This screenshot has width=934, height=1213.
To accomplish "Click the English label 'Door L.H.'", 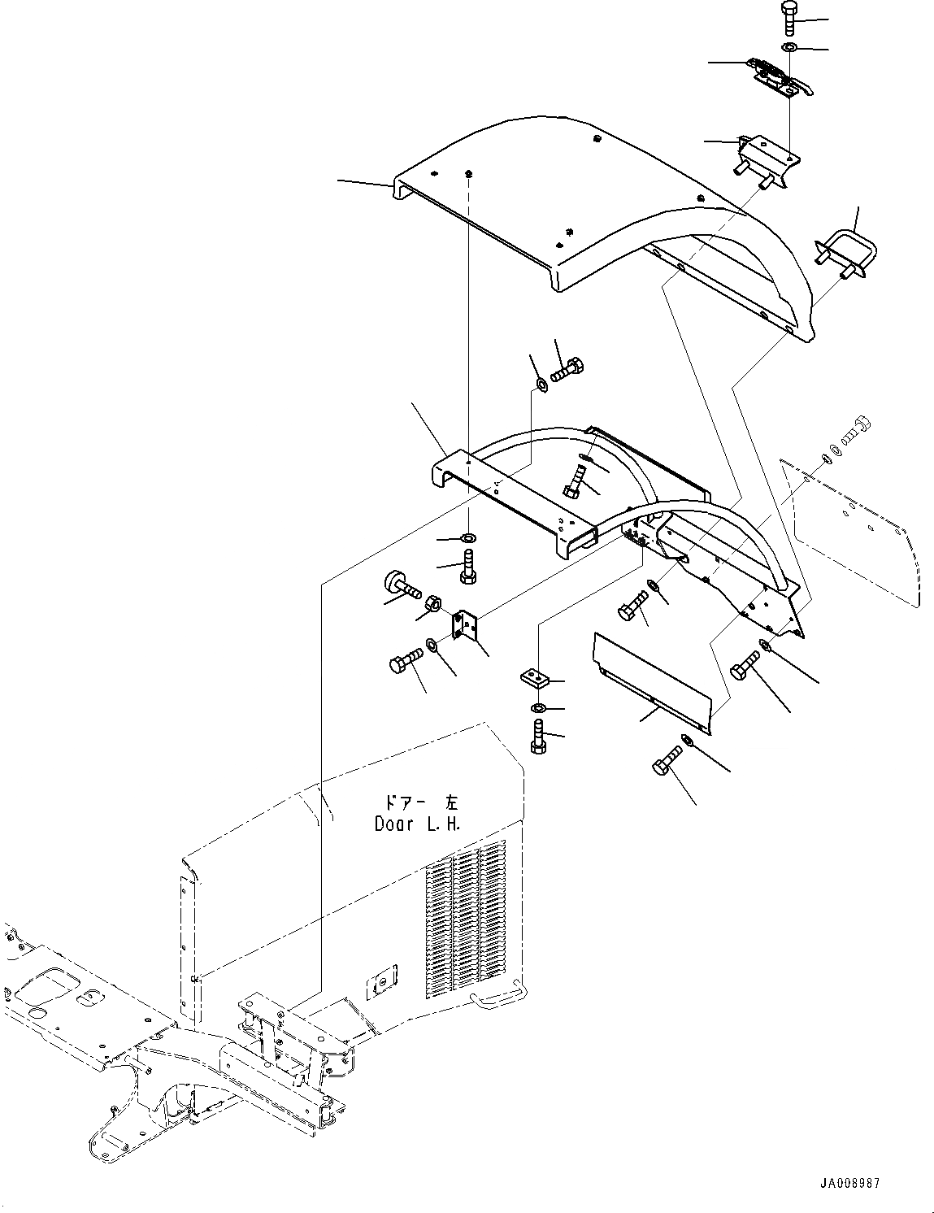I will point(417,824).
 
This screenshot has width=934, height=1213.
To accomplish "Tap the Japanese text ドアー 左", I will point(417,802).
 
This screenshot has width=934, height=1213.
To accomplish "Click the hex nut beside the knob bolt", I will point(433,604).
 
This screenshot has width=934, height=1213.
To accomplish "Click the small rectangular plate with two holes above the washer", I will point(535,676).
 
